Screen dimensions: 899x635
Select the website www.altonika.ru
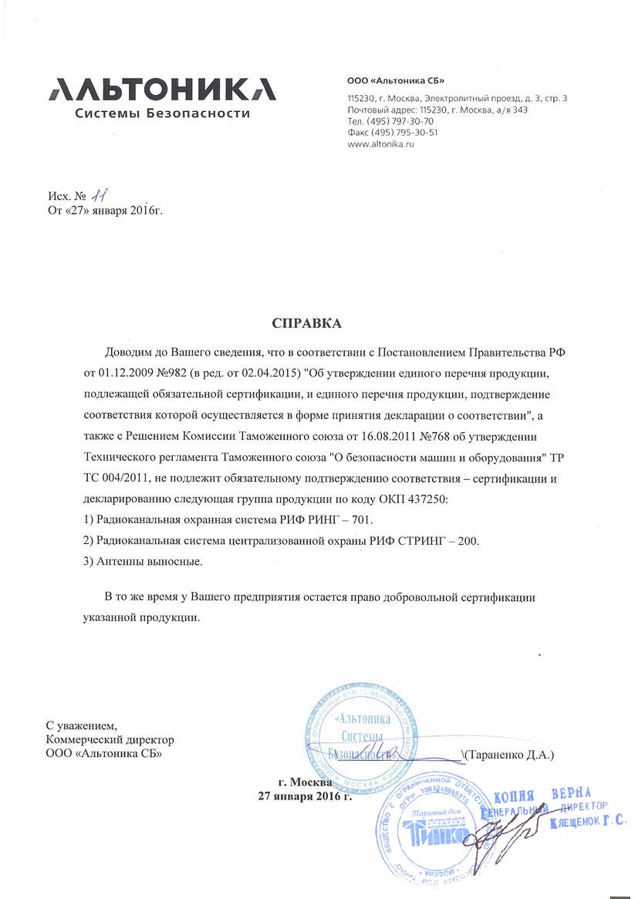pos(381,144)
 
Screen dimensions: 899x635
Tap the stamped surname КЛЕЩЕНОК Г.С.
pos(588,823)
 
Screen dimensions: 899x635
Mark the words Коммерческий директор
pos(110,740)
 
